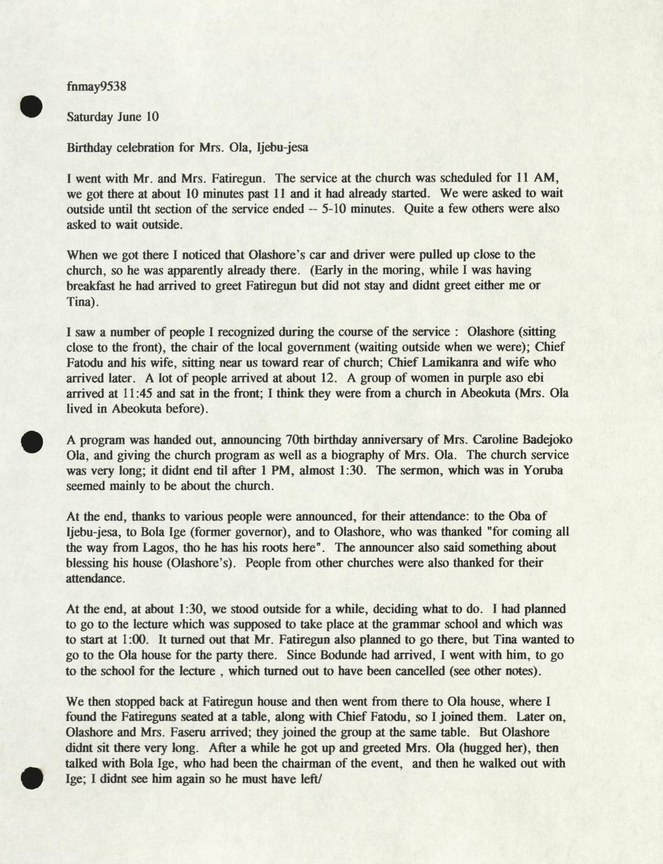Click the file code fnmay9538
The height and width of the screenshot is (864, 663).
pos(96,86)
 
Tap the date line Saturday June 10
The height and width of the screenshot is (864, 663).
pos(113,117)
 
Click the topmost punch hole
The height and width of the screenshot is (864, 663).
pos(31,106)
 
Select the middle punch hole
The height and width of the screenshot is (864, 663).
pos(31,441)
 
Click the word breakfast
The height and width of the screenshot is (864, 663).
pos(91,286)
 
